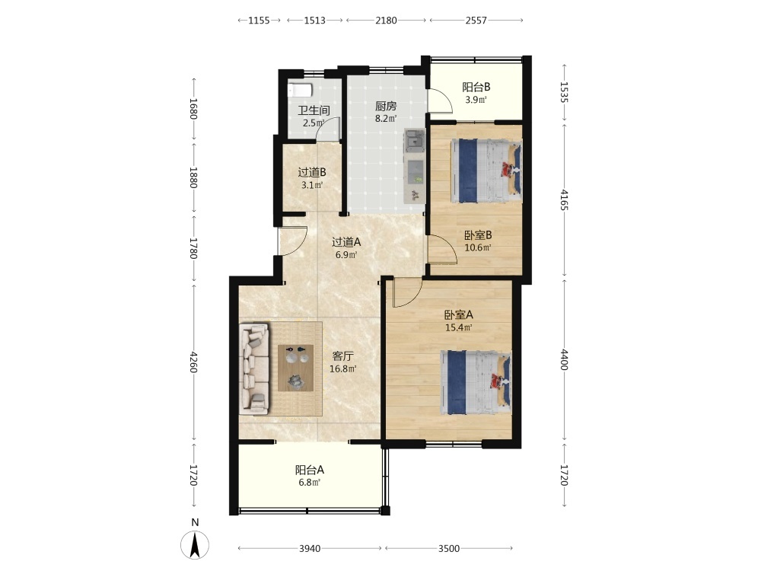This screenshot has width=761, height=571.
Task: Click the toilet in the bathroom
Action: (x=299, y=91)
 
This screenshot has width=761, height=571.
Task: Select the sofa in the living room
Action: (x=255, y=369)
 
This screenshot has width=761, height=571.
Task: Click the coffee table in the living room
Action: (x=295, y=368)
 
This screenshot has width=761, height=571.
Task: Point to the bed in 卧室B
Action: (x=486, y=171)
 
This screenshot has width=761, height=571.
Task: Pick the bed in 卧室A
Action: (x=476, y=383)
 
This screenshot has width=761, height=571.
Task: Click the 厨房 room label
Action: (x=386, y=106)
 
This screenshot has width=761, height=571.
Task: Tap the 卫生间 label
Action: (x=314, y=110)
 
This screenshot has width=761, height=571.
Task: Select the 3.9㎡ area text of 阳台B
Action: (x=476, y=100)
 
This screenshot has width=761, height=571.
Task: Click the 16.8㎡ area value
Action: (x=342, y=368)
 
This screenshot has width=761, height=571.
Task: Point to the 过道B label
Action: (x=311, y=172)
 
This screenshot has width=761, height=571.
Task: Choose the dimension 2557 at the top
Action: (x=476, y=21)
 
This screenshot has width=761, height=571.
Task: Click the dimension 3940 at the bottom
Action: (x=310, y=548)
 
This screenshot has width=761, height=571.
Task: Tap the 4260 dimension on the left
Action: (x=193, y=362)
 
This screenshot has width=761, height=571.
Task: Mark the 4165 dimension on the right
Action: (x=563, y=200)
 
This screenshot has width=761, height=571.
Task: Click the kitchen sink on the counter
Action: (x=415, y=140)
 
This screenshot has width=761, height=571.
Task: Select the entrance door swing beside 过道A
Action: (x=293, y=241)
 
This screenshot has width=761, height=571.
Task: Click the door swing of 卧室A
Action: (x=406, y=292)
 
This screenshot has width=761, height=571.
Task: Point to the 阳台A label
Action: (x=310, y=470)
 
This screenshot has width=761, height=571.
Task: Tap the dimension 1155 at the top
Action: (x=259, y=21)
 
